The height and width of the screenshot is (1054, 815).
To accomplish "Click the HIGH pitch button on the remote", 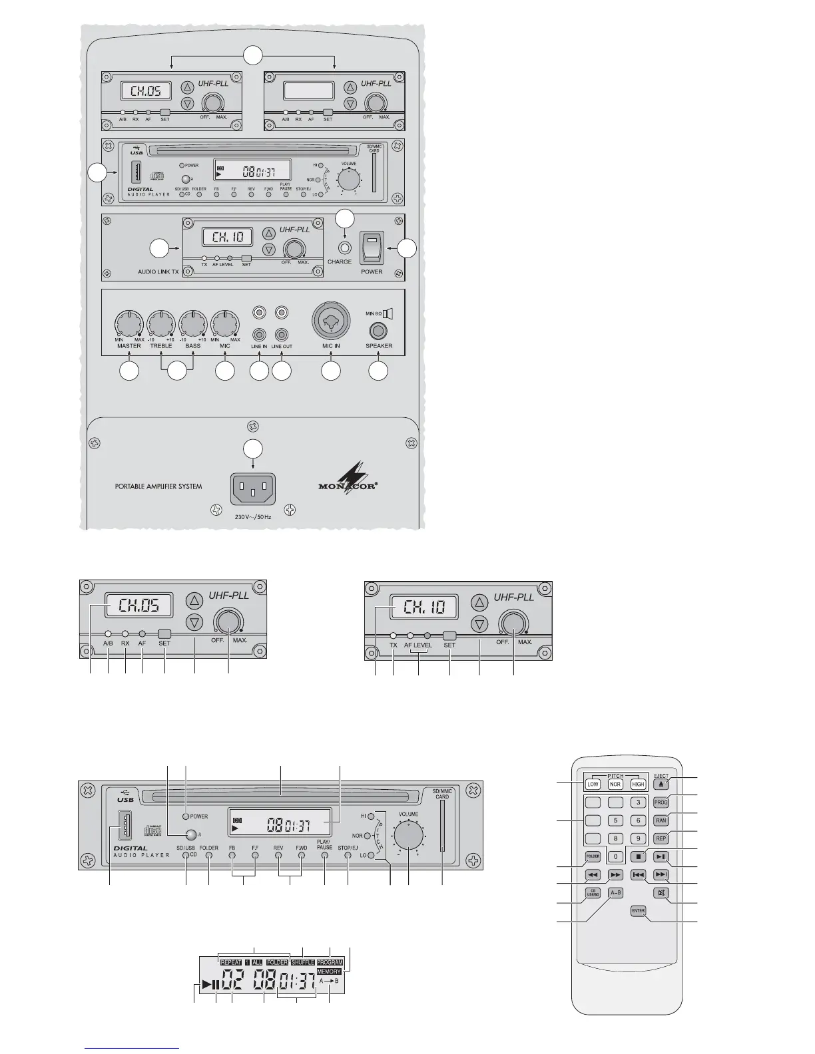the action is [638, 785].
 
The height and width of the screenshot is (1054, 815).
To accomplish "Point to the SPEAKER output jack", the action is [379, 330].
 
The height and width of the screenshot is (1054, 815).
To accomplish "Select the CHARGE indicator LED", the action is [344, 248].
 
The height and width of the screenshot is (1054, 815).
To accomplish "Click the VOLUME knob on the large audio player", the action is [408, 834].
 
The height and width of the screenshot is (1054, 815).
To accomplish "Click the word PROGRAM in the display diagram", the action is [330, 963].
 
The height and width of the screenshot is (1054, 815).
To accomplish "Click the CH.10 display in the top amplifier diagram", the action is [227, 236].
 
